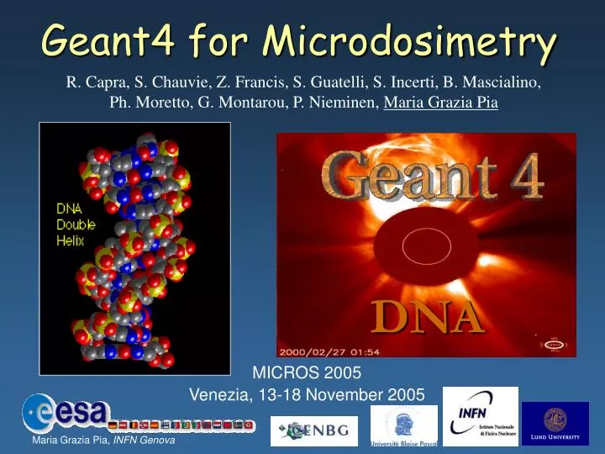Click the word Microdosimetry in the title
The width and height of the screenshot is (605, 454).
409,40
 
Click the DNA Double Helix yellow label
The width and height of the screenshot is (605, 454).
76,224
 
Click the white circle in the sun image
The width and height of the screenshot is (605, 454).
422,245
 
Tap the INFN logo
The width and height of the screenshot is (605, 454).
480,416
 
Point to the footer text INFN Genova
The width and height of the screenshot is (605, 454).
144,443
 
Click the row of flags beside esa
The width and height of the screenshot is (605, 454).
181,425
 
